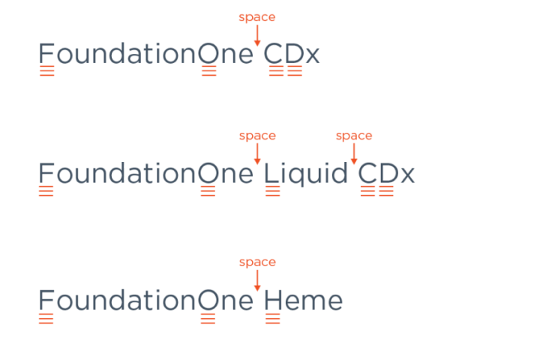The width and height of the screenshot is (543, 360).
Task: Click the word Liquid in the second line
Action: click(305, 174)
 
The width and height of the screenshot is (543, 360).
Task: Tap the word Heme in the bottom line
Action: click(304, 301)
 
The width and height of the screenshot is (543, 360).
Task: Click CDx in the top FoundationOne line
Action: click(292, 54)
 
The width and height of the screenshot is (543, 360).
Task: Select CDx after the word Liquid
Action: click(386, 174)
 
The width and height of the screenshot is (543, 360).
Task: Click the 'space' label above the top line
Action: click(257, 17)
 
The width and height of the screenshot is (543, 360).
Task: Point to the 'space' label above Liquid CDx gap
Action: click(354, 136)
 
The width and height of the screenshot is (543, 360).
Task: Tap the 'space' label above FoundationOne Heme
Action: click(257, 262)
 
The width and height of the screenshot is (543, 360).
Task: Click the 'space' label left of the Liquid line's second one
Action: click(257, 136)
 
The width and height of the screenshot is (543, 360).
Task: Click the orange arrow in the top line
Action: click(257, 35)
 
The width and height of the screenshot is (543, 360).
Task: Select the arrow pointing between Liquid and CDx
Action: click(354, 154)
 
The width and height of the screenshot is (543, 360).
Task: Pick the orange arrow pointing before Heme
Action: click(257, 280)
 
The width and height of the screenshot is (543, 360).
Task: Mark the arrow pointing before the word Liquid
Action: click(257, 154)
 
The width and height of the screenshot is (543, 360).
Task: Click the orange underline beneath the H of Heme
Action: click(273, 319)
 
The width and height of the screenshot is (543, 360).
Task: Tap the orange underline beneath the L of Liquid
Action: click(273, 191)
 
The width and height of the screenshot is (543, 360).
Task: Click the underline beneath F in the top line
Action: click(46, 71)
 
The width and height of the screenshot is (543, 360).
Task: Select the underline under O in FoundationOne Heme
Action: click(208, 319)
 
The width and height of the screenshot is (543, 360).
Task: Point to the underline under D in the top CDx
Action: click(294, 71)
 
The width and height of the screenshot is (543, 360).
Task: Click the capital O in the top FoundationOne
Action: click(208, 54)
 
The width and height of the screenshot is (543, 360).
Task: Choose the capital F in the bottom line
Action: click(46, 301)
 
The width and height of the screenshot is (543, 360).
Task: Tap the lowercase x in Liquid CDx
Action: click(406, 175)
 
